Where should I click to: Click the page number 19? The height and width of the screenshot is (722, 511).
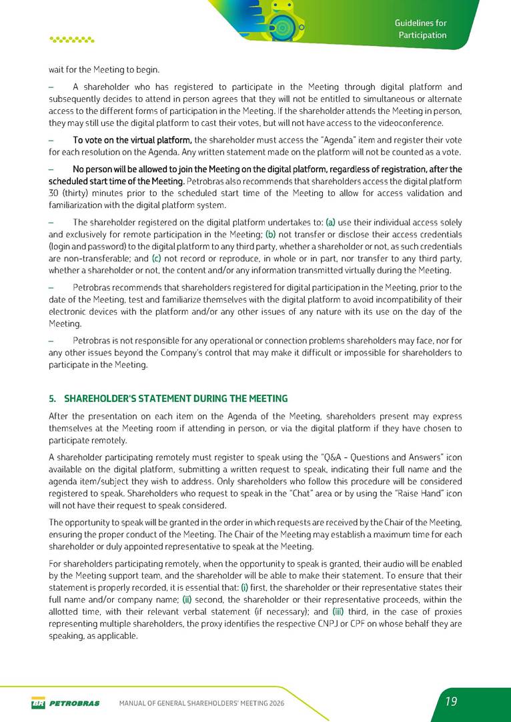pyautogui.click(x=452, y=701)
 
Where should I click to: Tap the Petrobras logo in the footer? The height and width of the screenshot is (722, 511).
pyautogui.click(x=65, y=703)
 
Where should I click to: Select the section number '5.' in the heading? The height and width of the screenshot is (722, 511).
pyautogui.click(x=53, y=399)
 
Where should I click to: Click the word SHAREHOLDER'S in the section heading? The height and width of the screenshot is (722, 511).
pyautogui.click(x=98, y=399)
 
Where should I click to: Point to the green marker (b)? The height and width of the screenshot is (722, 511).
pyautogui.click(x=271, y=234)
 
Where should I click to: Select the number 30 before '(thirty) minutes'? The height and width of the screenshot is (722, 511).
pyautogui.click(x=55, y=193)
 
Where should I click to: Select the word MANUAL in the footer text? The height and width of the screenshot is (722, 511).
pyautogui.click(x=133, y=703)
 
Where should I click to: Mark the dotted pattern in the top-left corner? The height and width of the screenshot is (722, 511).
pyautogui.click(x=72, y=39)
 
